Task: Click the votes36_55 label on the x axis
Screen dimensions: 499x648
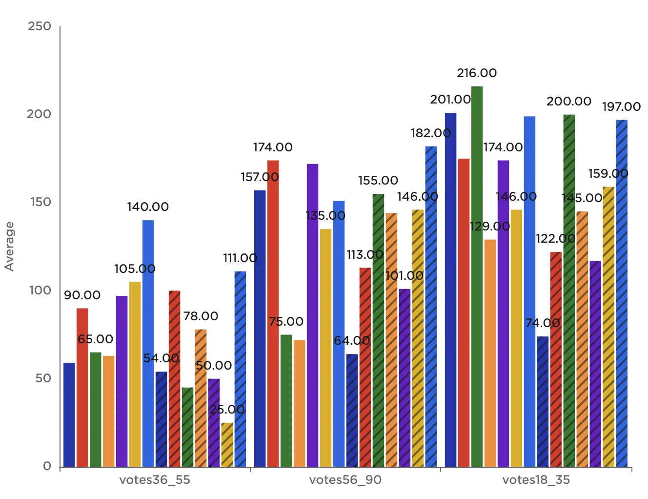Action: pyautogui.click(x=155, y=480)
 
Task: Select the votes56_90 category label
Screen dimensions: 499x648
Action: pyautogui.click(x=345, y=480)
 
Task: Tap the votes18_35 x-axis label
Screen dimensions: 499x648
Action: pyautogui.click(x=536, y=480)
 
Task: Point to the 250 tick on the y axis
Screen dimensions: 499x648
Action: pyautogui.click(x=40, y=26)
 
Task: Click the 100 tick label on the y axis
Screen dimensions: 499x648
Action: pyautogui.click(x=40, y=291)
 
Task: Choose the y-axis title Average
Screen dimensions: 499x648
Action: pyautogui.click(x=9, y=246)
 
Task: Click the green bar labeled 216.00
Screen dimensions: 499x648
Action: pyautogui.click(x=477, y=276)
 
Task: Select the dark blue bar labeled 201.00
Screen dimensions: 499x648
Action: pyautogui.click(x=450, y=290)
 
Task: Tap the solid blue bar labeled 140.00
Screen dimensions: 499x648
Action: pyautogui.click(x=148, y=343)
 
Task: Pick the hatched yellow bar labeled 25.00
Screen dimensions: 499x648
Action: pyautogui.click(x=227, y=444)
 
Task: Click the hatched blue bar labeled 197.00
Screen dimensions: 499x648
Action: pyautogui.click(x=622, y=293)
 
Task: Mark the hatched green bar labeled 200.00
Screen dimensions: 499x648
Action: pyautogui.click(x=569, y=291)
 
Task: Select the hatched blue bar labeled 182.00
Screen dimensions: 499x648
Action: pyautogui.click(x=431, y=307)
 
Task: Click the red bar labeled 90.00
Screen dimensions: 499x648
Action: pyautogui.click(x=82, y=387)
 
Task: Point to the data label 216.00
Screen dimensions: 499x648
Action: pyautogui.click(x=477, y=73)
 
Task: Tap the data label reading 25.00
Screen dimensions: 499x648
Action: pyautogui.click(x=227, y=410)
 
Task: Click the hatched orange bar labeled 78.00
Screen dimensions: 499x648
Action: pyautogui.click(x=201, y=398)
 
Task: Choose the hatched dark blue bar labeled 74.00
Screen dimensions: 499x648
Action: pyautogui.click(x=543, y=401)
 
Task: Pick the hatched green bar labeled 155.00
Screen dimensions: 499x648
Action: pyautogui.click(x=378, y=330)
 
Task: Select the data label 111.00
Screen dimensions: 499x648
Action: pyautogui.click(x=240, y=258)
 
